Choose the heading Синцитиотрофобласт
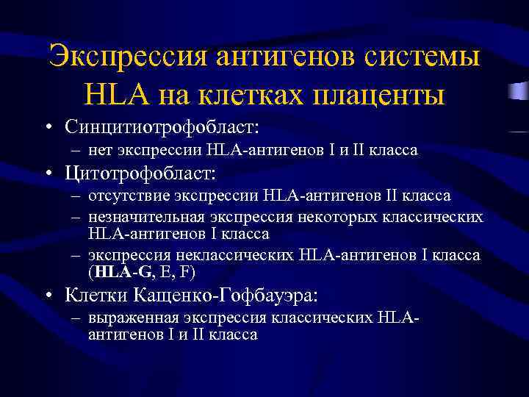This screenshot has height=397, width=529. pos(162,126)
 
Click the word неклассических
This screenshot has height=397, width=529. pos(247,255)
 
